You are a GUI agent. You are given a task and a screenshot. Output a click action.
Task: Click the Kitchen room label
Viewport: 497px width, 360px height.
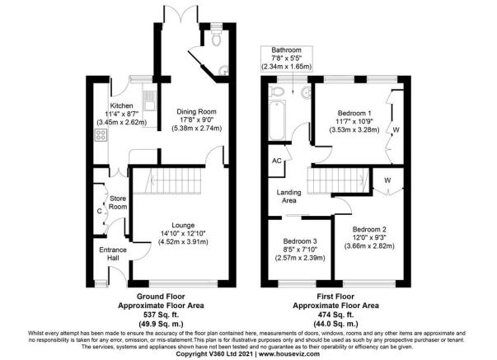121,105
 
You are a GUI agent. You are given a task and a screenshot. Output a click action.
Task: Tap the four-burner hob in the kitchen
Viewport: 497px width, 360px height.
101,135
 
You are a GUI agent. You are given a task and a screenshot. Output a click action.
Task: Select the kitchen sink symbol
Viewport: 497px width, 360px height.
149,101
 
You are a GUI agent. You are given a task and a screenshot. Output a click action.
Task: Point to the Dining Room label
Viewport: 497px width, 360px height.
196,111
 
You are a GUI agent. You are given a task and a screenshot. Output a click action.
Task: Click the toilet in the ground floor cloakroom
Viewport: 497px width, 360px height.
217,38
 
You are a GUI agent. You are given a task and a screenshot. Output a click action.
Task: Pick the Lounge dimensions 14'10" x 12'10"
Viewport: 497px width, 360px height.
183,234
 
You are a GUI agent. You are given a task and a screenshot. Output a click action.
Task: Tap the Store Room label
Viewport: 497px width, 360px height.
118,203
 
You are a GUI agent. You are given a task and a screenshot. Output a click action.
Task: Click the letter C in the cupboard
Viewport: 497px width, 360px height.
100,211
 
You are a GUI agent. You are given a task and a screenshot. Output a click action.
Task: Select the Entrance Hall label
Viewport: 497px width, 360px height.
113,254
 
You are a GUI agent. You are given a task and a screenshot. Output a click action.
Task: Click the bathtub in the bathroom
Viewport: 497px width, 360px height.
277,120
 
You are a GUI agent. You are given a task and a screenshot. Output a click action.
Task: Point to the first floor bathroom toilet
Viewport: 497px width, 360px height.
276,92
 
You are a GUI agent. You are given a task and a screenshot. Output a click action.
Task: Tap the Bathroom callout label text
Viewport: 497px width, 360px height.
286,50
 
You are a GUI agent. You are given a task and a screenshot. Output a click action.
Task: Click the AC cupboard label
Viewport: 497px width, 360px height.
277,161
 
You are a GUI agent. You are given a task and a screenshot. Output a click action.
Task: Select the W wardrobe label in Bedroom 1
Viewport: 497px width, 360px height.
396,129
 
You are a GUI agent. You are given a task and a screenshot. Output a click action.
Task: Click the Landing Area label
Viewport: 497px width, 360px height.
288,196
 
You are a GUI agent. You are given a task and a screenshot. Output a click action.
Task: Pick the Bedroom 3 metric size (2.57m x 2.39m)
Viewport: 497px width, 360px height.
300,258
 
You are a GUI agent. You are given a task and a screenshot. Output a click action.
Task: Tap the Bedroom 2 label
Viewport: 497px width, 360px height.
369,229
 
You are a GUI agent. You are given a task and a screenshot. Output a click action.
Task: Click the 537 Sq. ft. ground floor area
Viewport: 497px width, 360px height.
161,315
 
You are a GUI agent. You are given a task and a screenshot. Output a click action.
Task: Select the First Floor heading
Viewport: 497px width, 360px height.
335,297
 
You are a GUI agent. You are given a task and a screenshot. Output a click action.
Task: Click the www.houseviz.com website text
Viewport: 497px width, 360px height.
289,353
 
